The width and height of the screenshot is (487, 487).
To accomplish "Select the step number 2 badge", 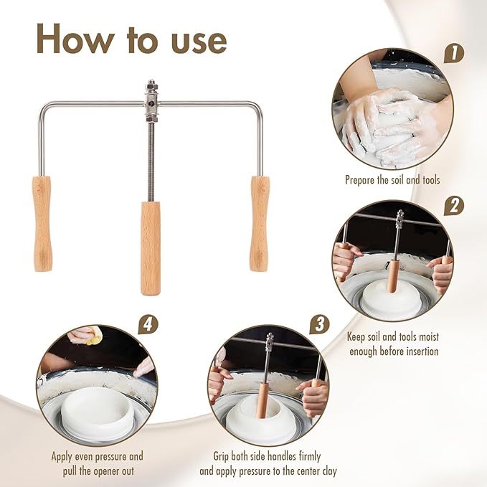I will tap(453, 206).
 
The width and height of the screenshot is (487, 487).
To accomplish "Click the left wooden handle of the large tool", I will tap(42, 223).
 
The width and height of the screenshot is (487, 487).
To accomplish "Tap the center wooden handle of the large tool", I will tap(151, 247).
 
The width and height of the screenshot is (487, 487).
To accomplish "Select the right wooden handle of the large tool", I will tap(260, 223).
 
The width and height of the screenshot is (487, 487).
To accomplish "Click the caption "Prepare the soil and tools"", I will tap(392, 180).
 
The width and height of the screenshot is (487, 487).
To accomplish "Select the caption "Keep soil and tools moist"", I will tap(393, 336).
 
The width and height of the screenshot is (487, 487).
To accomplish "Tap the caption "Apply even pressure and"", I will tap(97, 456).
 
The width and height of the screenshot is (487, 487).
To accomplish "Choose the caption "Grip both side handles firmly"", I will tap(268, 456).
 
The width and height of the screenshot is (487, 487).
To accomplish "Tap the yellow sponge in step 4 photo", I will tap(90, 334).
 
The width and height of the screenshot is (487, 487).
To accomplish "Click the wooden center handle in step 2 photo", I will tap(392, 276).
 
